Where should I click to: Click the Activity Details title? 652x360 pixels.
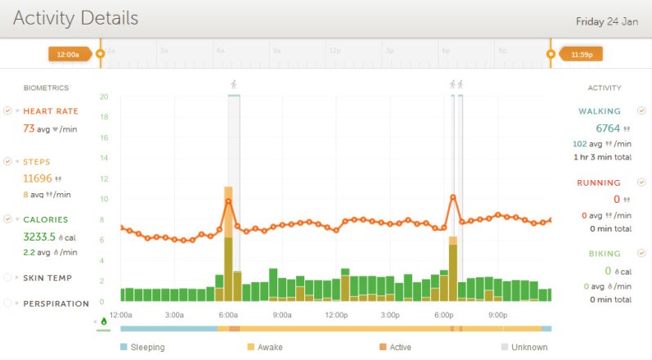tap(75, 18)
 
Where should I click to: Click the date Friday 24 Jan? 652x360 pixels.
tap(606, 21)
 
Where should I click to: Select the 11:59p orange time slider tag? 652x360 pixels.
tap(581, 54)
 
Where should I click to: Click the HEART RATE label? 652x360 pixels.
tap(50, 111)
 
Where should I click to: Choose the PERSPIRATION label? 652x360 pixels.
tap(56, 304)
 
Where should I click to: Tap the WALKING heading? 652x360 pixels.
tap(600, 111)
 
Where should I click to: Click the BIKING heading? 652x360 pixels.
tap(604, 254)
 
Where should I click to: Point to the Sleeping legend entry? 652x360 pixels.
tap(147, 347)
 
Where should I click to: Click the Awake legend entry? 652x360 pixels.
tap(270, 347)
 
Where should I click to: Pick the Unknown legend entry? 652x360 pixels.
tap(529, 347)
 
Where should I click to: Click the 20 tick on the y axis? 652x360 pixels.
tap(104, 97)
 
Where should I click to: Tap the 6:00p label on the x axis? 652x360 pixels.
tap(443, 315)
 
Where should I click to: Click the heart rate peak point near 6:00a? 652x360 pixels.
tap(228, 201)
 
